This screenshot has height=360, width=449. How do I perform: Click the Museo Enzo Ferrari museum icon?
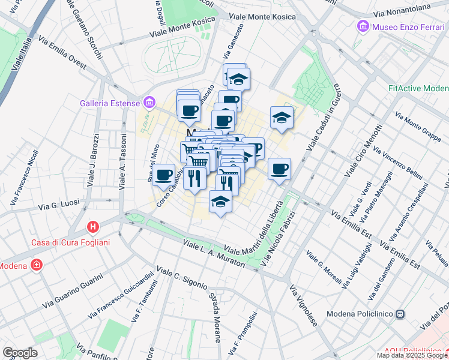[x=363, y=26]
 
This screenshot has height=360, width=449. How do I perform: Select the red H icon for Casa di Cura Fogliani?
[x=93, y=227]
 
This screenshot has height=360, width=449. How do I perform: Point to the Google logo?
[x=20, y=353]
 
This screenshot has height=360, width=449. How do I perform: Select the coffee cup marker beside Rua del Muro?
[x=163, y=175]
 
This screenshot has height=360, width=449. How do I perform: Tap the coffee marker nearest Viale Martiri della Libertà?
[x=279, y=169]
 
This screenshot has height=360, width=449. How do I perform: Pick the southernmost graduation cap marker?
[x=220, y=201]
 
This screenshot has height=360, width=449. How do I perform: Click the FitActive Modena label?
[x=417, y=88]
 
